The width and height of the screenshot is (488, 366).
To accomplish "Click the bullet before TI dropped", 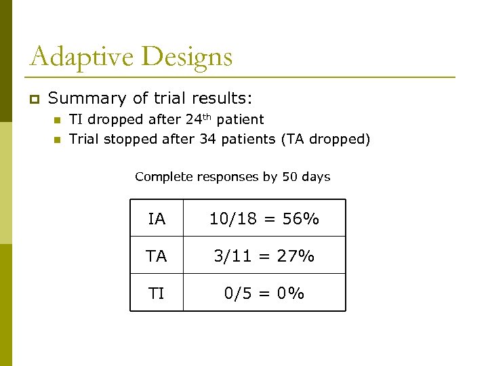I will [x=57, y=121].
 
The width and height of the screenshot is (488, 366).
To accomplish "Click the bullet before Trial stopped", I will [x=57, y=140].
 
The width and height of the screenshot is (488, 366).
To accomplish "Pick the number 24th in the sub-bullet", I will [x=197, y=119].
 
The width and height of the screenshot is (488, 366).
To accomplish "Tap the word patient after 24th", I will [x=241, y=120].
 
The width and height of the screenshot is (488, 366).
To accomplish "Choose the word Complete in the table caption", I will [x=164, y=177].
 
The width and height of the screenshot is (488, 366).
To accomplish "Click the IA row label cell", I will [x=157, y=219].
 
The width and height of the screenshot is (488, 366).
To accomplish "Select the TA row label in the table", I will [x=157, y=256].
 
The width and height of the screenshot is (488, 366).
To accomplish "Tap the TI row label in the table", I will [x=157, y=293].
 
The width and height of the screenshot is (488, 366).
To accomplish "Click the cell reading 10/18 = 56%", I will [x=264, y=219].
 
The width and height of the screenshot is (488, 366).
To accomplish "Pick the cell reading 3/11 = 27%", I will [x=264, y=256].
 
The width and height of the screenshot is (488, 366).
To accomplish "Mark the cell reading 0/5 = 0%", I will [x=264, y=293].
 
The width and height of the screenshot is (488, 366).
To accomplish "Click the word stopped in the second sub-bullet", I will [x=132, y=140].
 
